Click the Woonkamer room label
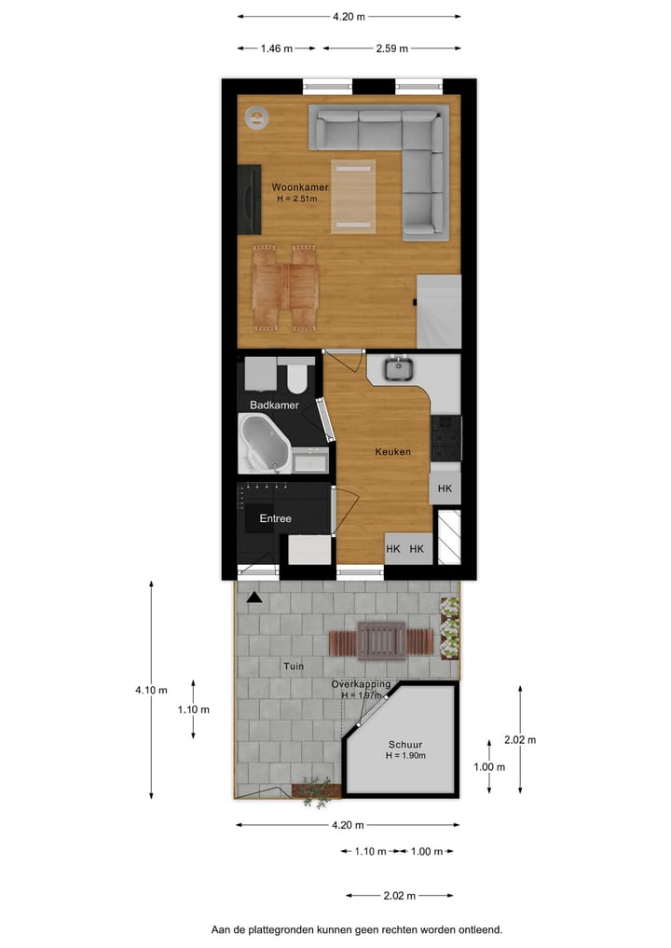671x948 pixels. click(x=300, y=187)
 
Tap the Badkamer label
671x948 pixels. click(x=274, y=405)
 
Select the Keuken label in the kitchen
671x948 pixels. click(x=392, y=452)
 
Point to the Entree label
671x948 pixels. click(x=275, y=519)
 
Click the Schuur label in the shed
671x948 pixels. click(x=405, y=745)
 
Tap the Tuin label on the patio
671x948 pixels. click(x=294, y=666)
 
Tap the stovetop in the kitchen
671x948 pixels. click(x=445, y=436)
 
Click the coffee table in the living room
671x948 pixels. click(x=354, y=196)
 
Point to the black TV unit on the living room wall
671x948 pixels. click(x=249, y=198)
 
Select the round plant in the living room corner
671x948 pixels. click(x=255, y=118)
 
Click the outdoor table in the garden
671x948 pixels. click(x=381, y=640)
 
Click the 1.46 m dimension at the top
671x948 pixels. click(x=276, y=48)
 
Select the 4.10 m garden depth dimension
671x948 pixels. click(x=151, y=691)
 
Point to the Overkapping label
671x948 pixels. click(x=361, y=684)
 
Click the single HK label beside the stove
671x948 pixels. click(x=445, y=488)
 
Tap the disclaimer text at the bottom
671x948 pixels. click(x=357, y=929)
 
